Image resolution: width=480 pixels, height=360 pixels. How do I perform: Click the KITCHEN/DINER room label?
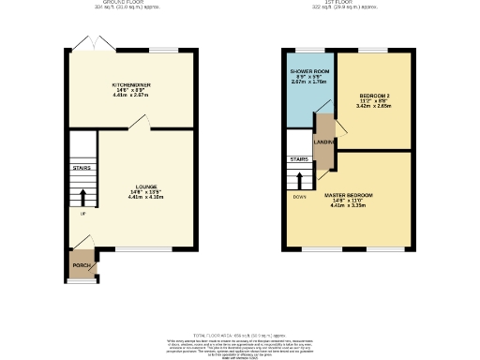131,84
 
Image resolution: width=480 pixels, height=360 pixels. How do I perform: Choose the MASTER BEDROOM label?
349,195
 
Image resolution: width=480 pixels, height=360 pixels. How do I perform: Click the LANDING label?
323,142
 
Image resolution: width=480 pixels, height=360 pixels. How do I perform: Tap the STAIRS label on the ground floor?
82,170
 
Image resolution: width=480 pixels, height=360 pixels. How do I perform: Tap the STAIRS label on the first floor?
298,159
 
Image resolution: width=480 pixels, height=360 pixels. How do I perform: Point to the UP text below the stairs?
82,214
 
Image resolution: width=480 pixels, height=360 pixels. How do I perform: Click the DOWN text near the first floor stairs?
299,197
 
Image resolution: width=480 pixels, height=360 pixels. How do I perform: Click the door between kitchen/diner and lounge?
138,123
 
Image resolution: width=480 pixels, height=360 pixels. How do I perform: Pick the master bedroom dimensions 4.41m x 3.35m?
349,206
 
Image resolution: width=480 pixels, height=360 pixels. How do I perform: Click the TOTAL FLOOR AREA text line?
240,334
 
